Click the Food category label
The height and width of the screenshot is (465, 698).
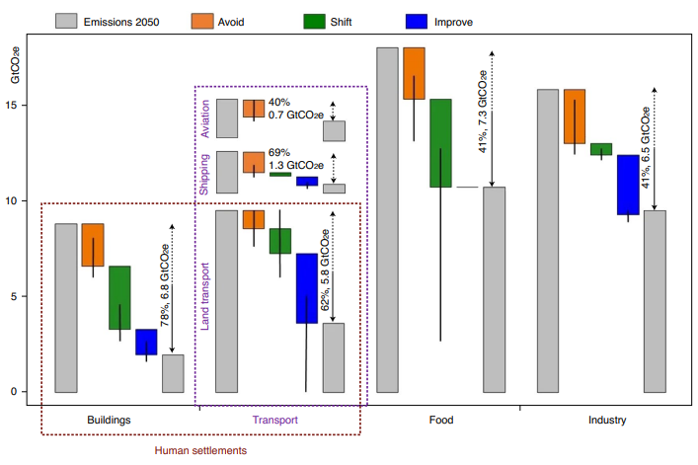pos(441,420)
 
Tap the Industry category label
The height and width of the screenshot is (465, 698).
pos(606,420)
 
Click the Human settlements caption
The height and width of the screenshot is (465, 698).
pos(200,450)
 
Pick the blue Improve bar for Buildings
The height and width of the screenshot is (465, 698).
pos(146,342)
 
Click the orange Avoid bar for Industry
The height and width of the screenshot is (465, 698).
pos(575,116)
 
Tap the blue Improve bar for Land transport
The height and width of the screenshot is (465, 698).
pos(307,288)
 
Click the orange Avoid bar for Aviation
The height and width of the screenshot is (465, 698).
pos(254,109)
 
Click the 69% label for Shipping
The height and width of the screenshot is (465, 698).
pos(280,152)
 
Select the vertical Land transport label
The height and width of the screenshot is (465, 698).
pos(207,296)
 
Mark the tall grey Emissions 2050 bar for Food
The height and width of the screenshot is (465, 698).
pos(387,219)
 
